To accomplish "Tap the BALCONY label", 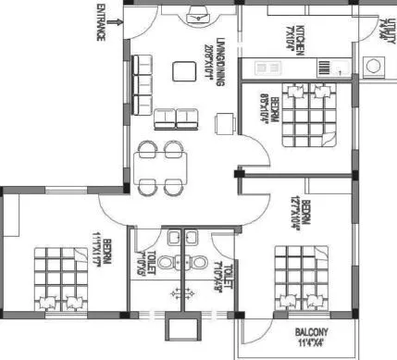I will pyautogui.click(x=315, y=332).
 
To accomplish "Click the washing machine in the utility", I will pyautogui.click(x=375, y=66).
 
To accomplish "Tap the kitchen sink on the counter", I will pyautogui.click(x=267, y=68).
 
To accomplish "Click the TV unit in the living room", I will pyautogui.click(x=198, y=14).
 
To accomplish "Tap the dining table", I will pyautogui.click(x=160, y=168).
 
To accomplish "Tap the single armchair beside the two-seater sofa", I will pyautogui.click(x=223, y=123).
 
